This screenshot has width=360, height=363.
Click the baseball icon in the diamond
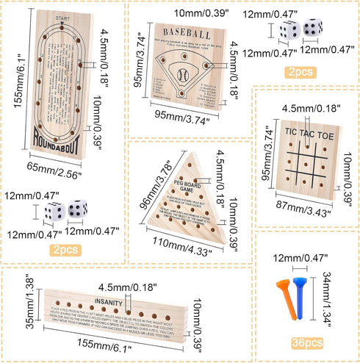click(x=181, y=73)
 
